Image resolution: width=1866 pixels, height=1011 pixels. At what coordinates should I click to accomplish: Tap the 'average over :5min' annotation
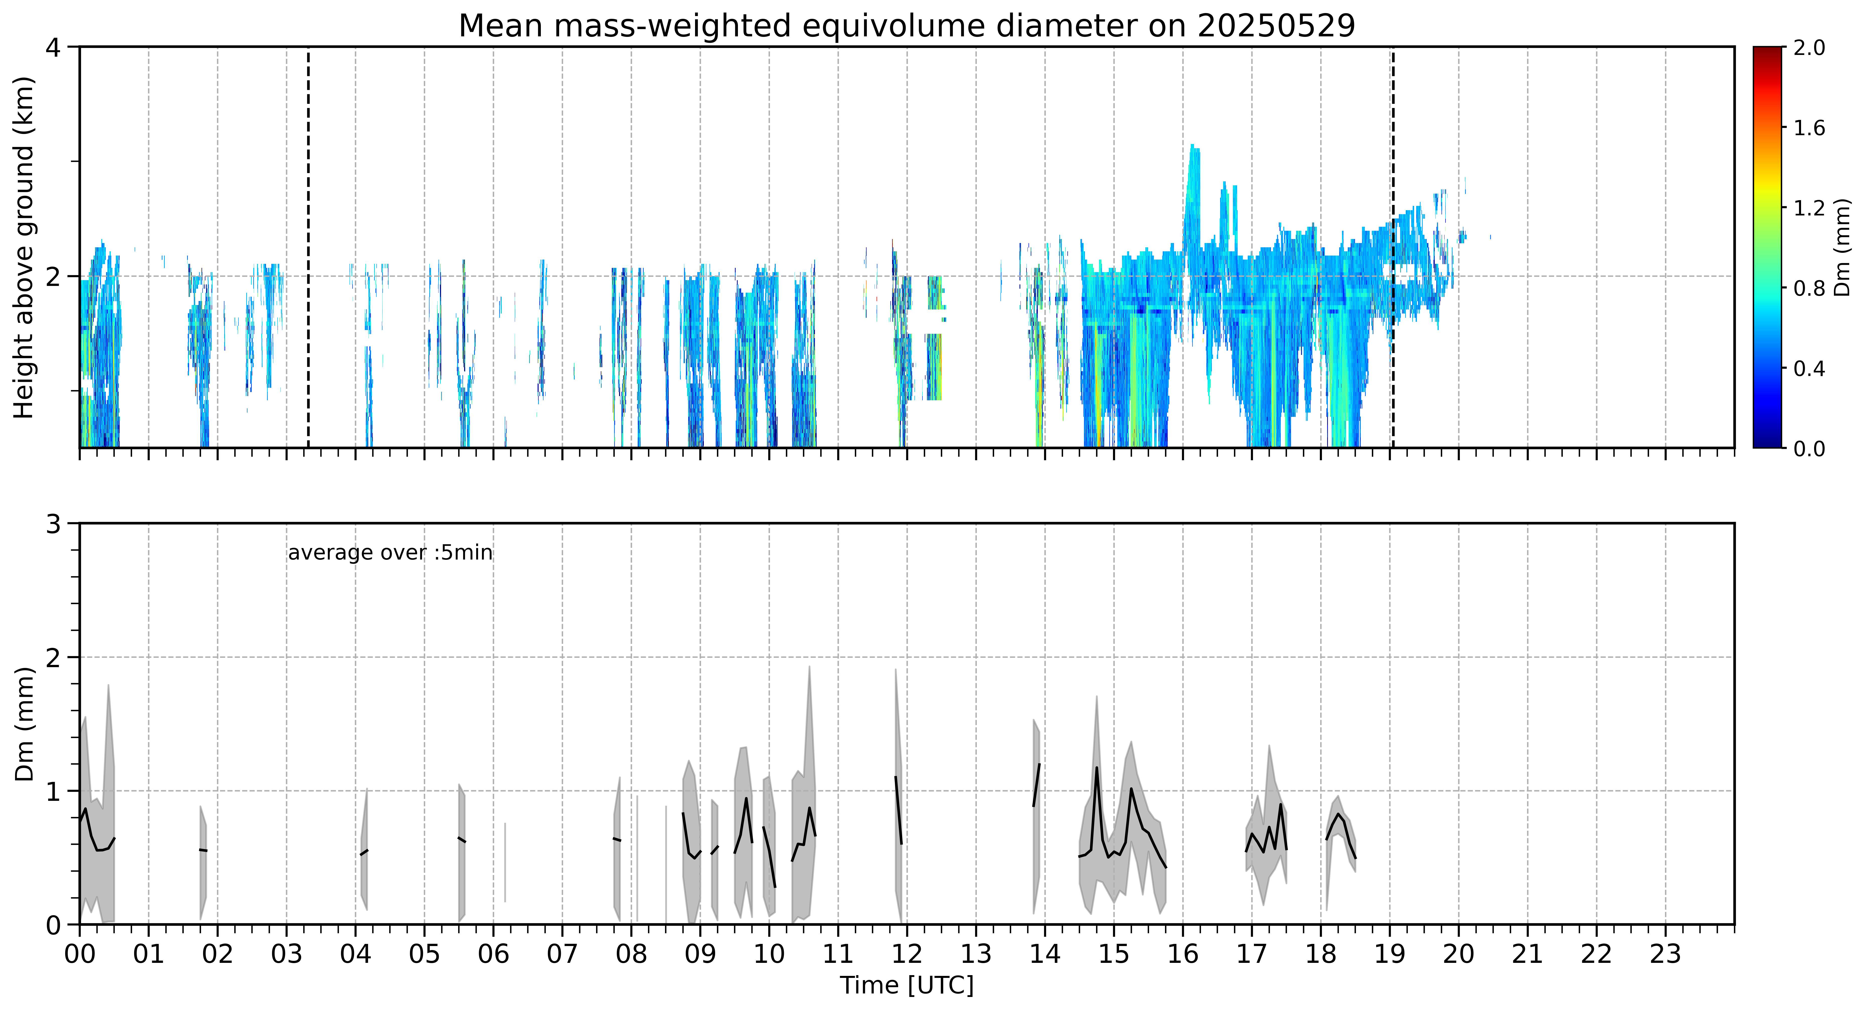pos(390,553)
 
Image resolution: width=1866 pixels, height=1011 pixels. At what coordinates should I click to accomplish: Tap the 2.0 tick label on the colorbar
pos(1809,48)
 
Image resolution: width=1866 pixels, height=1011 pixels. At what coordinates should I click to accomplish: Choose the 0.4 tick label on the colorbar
pos(1809,368)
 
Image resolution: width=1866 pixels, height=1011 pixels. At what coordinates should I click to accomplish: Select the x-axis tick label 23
pos(1665,954)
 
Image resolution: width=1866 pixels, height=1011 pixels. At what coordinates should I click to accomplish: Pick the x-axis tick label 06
pos(493,954)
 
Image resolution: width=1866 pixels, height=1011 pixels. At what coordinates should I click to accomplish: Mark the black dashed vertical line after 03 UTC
pos(309,247)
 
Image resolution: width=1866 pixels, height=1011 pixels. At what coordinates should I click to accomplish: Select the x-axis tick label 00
pos(80,954)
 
